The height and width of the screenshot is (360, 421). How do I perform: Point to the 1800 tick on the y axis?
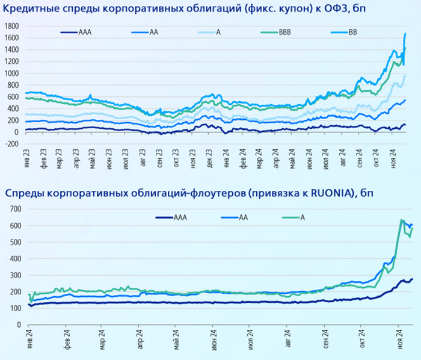(x=12, y=26)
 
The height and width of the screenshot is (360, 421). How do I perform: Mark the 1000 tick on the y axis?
(x=12, y=73)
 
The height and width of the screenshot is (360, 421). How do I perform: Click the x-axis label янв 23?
(x=25, y=164)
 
